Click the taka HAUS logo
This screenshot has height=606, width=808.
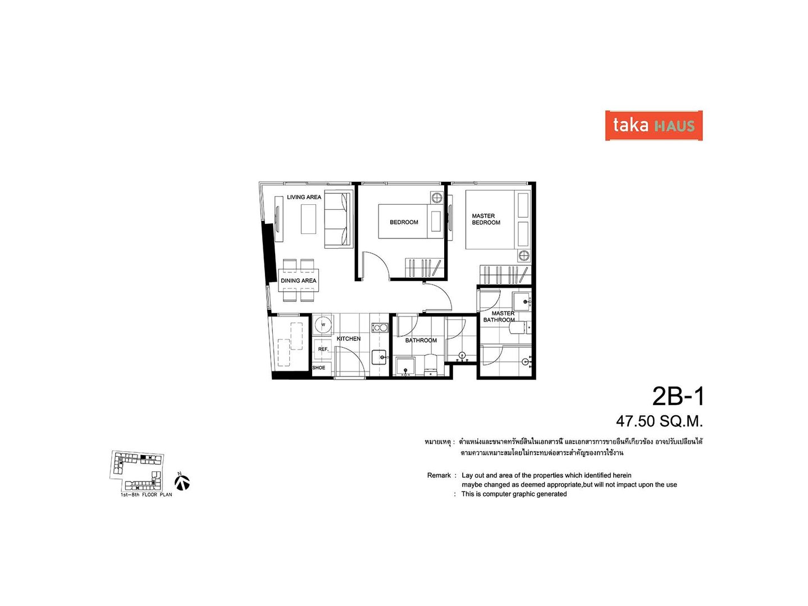click(654, 125)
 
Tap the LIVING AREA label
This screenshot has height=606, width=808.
click(304, 197)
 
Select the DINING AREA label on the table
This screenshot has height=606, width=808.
click(298, 281)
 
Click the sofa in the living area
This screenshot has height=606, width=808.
click(337, 220)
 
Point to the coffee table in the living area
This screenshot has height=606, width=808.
click(308, 219)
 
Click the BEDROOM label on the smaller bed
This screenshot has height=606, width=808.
click(404, 222)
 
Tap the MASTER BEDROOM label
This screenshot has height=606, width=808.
click(486, 219)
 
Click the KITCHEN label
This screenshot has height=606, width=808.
click(348, 339)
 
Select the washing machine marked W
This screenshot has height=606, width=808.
click(323, 324)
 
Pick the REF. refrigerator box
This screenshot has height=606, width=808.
click(323, 349)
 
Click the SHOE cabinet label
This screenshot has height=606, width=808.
click(318, 368)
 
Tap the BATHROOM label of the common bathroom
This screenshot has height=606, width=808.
click(421, 341)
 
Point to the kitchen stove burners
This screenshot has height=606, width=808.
click(380, 327)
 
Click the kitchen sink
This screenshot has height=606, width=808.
click(380, 357)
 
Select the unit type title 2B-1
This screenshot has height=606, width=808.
click(678, 397)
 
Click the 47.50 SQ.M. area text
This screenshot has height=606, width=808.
click(659, 421)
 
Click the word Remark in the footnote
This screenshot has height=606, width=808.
click(439, 475)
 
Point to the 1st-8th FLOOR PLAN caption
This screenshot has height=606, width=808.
click(146, 494)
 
